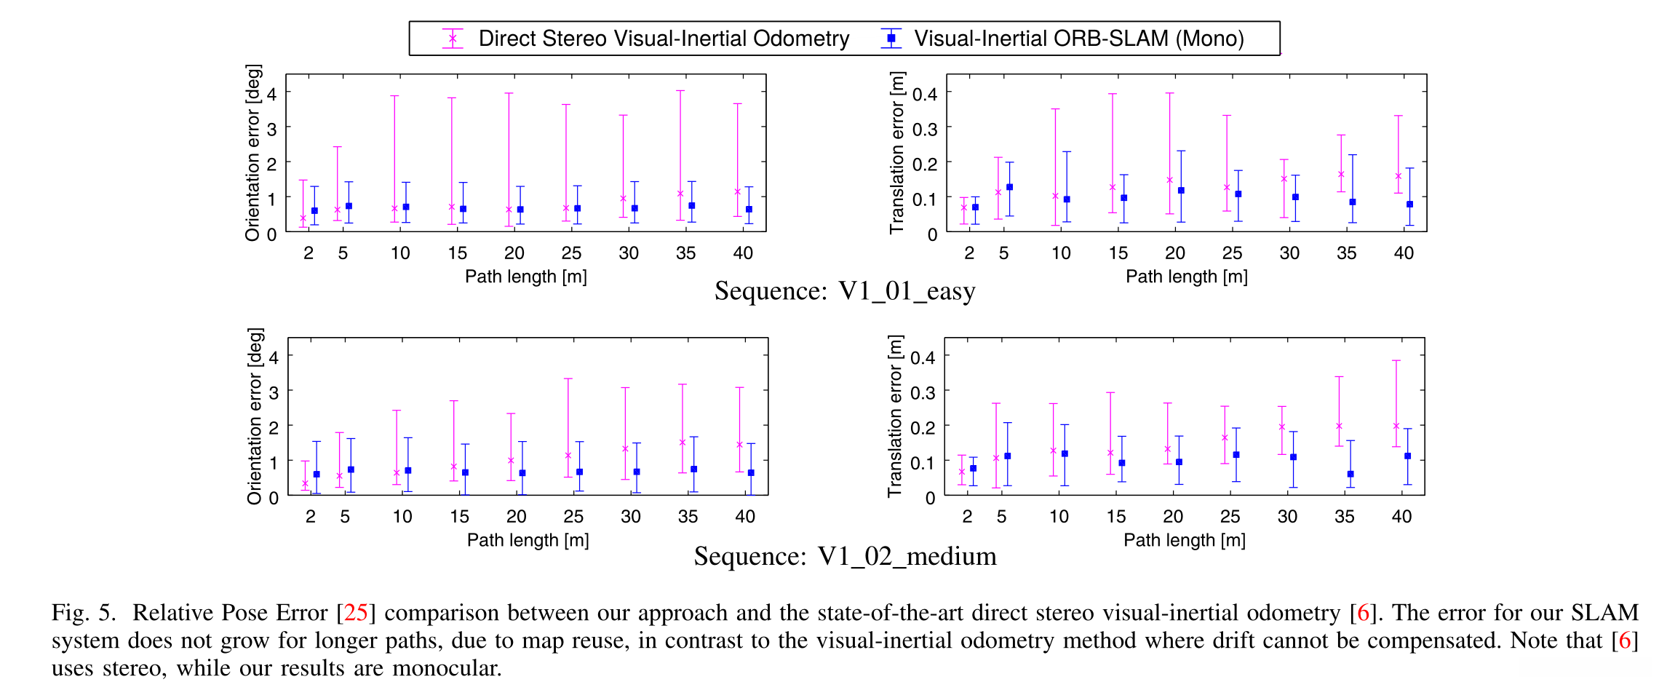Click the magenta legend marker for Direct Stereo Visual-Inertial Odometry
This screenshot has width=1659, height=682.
(453, 39)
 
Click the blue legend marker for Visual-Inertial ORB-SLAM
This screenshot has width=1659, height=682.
(891, 39)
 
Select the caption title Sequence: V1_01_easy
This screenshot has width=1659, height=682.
(844, 291)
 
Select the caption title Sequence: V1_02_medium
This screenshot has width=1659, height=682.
(845, 556)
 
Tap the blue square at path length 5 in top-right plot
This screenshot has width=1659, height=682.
(1009, 187)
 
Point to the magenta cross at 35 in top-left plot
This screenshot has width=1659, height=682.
(680, 194)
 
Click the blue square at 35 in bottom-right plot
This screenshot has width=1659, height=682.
(1350, 474)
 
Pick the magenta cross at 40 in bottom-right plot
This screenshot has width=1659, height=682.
(1396, 426)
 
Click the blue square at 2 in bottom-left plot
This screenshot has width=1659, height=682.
(317, 474)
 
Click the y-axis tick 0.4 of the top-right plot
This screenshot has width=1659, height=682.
(924, 94)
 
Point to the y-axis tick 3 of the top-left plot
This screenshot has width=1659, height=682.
(272, 129)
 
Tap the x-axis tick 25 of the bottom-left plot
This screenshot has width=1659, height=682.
(573, 517)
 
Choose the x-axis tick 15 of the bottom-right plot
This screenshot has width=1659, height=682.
(1115, 517)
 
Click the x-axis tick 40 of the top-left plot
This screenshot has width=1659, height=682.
(743, 253)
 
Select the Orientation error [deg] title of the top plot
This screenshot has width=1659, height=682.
(252, 153)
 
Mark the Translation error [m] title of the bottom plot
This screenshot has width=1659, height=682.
(895, 416)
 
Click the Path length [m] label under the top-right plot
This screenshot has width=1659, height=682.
(1186, 277)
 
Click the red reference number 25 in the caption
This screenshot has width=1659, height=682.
(356, 613)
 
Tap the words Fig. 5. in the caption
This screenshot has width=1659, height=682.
(84, 613)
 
